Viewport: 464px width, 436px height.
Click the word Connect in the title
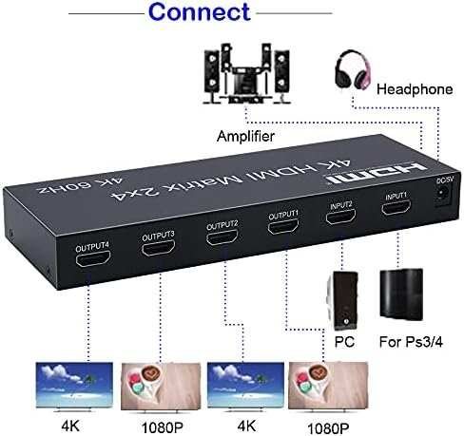[x=200, y=12]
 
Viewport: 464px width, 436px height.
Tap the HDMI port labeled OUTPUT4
[x=93, y=258]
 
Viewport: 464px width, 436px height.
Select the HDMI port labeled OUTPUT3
[x=158, y=248]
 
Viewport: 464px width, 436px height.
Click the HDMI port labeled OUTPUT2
[x=222, y=237]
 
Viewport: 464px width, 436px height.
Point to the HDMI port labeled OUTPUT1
[x=283, y=227]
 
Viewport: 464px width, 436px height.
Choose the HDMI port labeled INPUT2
[x=340, y=217]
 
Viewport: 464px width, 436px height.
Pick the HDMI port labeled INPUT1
[x=396, y=207]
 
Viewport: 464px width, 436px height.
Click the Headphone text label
[x=415, y=89]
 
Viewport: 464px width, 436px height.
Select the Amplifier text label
[x=245, y=136]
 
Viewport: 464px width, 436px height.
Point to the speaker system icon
[x=246, y=74]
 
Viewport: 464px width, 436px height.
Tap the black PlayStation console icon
[x=401, y=294]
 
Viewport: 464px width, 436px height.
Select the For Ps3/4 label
[x=411, y=342]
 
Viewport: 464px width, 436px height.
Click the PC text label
[x=344, y=342]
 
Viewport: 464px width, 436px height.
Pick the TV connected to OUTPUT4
[x=74, y=387]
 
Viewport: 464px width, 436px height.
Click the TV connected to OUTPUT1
[x=328, y=387]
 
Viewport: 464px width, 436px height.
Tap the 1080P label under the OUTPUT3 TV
[x=163, y=428]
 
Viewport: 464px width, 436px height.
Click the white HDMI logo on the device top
[x=377, y=173]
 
